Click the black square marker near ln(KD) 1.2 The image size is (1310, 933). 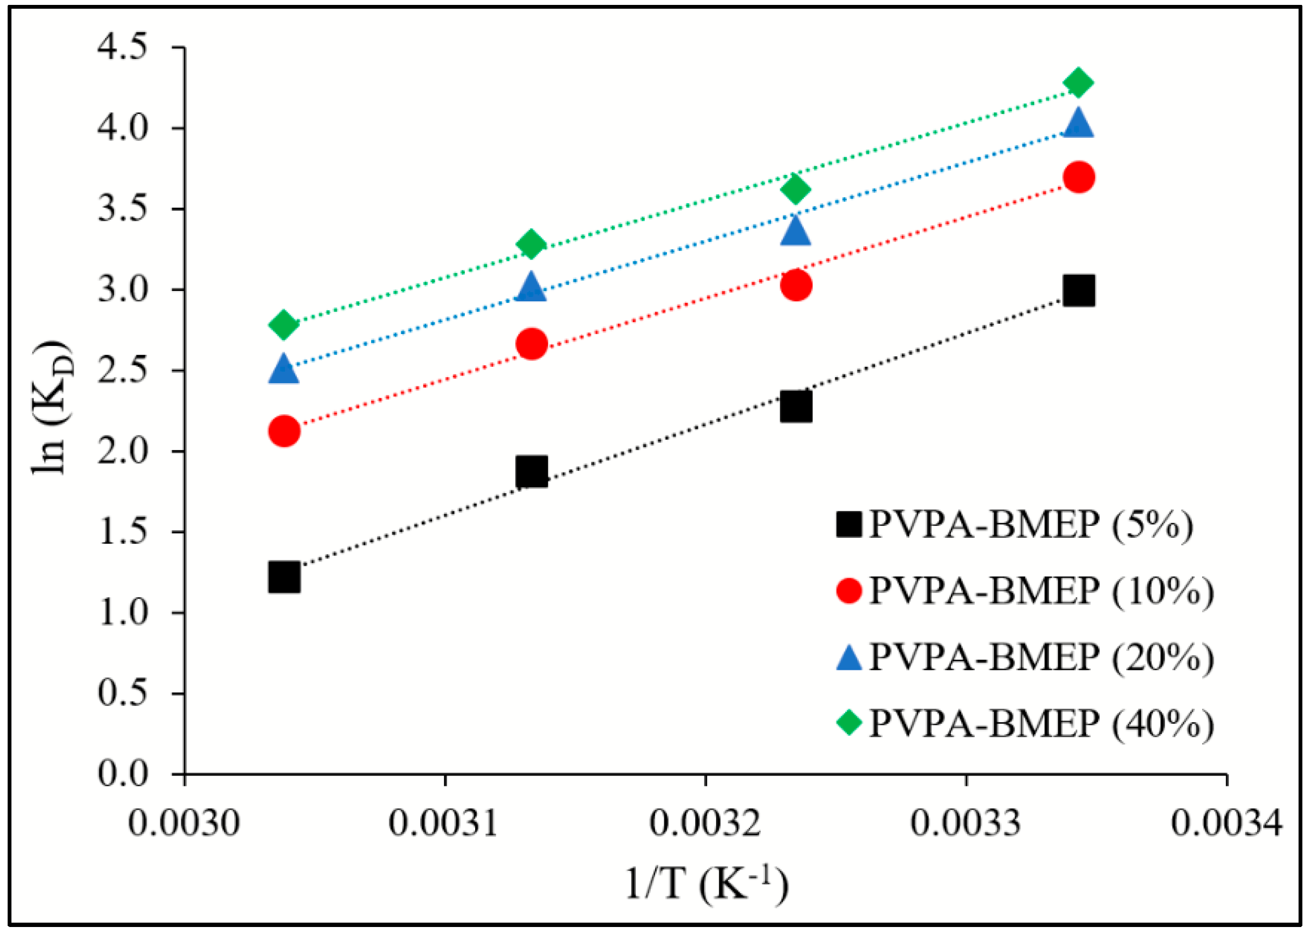coord(284,577)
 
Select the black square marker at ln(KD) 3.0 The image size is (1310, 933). coord(1078,290)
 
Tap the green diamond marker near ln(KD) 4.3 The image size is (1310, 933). coord(1078,83)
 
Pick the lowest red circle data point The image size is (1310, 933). coord(284,431)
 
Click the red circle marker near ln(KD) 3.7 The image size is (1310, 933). coord(1078,177)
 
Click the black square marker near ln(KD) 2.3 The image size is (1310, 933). coord(796,407)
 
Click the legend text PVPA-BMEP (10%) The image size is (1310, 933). coord(1041,591)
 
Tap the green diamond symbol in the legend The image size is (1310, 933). coord(849,722)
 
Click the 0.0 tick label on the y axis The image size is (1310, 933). coord(122,774)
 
